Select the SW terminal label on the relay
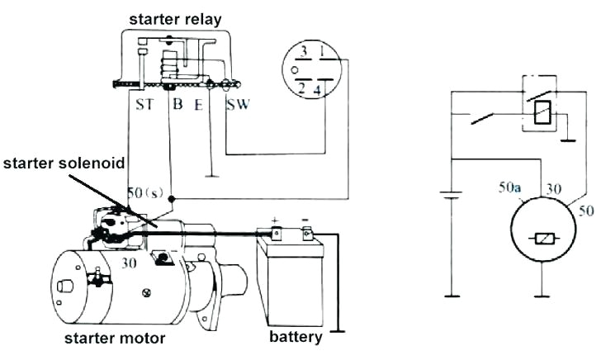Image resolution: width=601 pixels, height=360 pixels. coord(239,105)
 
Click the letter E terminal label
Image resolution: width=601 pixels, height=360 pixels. coord(198,105)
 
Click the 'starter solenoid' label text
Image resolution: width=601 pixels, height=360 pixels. coord(63,163)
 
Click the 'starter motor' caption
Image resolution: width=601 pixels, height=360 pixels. coord(115,339)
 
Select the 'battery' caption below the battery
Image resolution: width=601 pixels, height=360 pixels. coord(296,337)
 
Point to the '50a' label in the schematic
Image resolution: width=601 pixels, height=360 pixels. coord(510,189)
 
